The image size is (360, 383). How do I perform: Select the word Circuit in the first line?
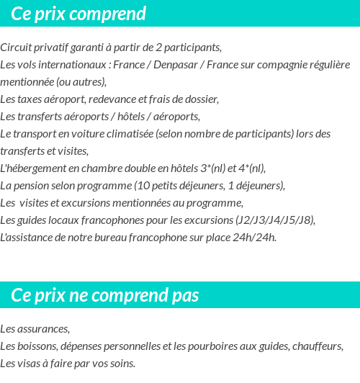16,48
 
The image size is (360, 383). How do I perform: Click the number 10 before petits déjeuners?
142,186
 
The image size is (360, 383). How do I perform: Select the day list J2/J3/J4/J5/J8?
274,220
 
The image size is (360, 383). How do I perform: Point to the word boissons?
37,346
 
